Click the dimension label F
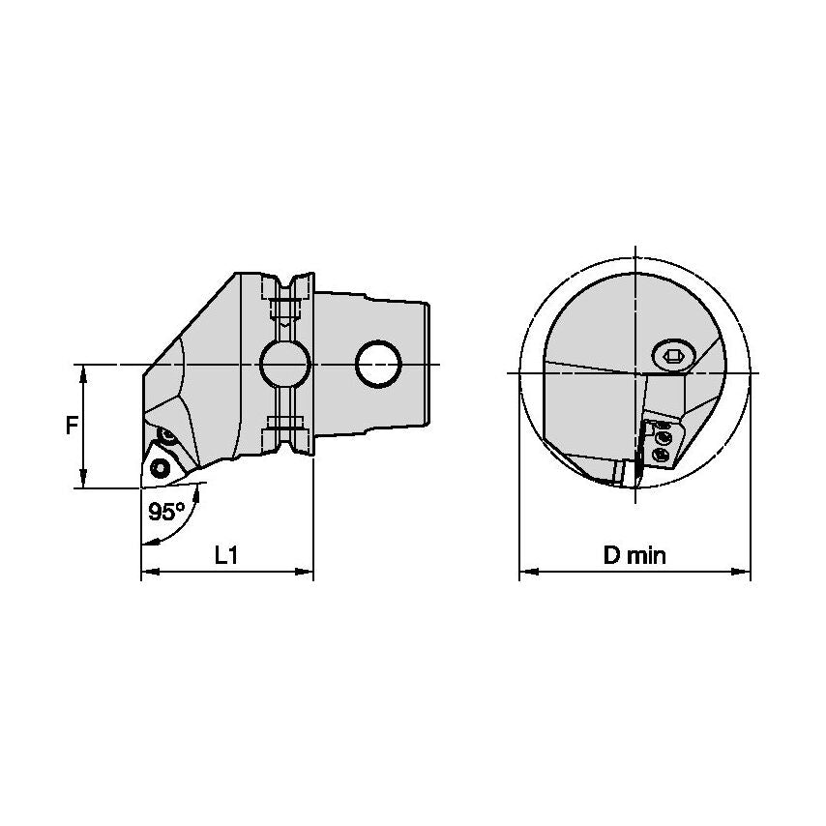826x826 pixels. (x=72, y=426)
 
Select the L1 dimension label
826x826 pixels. (x=226, y=555)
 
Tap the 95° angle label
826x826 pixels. (x=166, y=512)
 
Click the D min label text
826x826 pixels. (x=634, y=555)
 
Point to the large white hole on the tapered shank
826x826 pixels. (x=378, y=364)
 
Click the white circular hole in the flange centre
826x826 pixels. (x=285, y=364)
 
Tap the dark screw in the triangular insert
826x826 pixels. (x=158, y=467)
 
